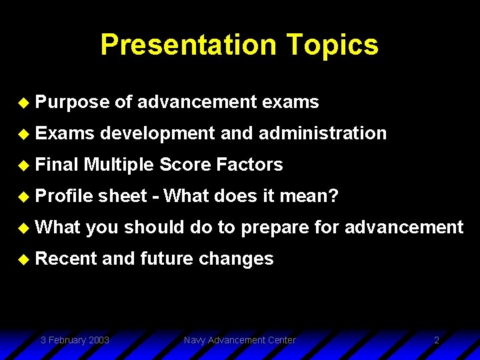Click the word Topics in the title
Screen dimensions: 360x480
pos(333,45)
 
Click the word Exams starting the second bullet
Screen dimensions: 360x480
pos(65,133)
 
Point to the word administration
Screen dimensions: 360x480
pos(322,133)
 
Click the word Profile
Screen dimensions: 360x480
pos(64,196)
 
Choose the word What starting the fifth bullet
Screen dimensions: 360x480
pos(58,227)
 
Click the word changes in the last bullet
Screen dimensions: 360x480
pos(236,259)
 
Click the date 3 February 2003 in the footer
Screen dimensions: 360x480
pos(75,340)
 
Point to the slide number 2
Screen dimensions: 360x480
pos(437,340)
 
